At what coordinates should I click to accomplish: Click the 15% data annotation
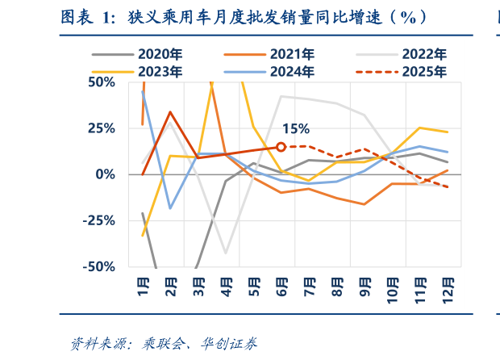click(x=295, y=129)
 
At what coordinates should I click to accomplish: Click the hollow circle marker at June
click(x=281, y=147)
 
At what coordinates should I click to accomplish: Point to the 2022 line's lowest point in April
click(x=226, y=253)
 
